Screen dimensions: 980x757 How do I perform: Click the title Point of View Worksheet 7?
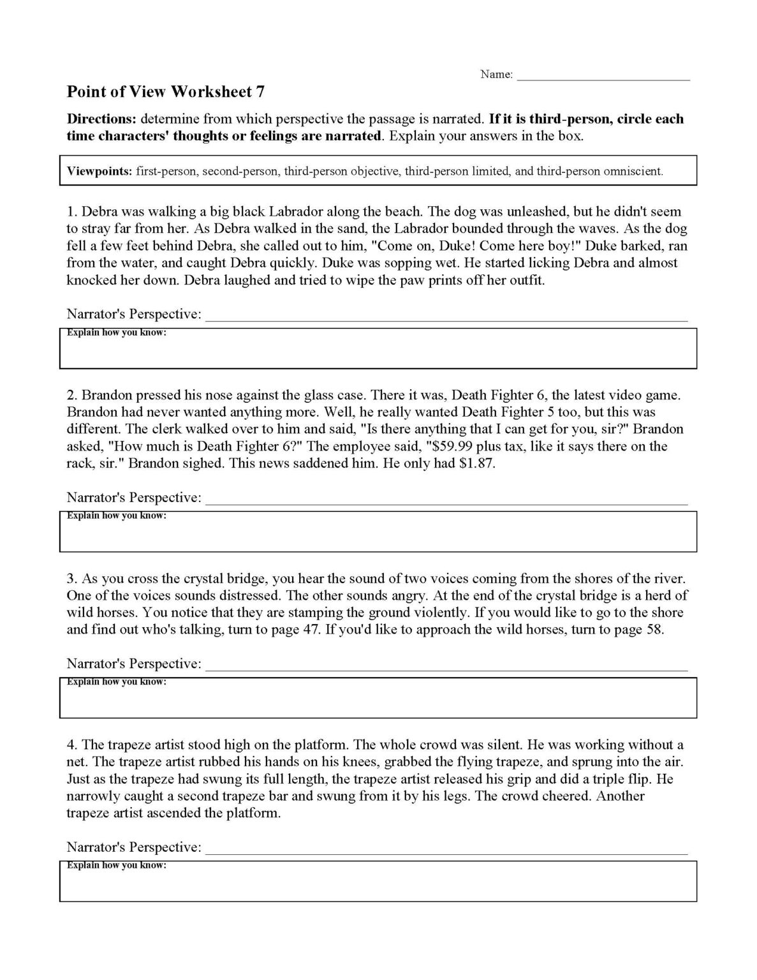click(x=166, y=92)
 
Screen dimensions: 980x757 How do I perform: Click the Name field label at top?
click(x=496, y=75)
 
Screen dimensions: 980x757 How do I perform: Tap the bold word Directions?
click(x=101, y=119)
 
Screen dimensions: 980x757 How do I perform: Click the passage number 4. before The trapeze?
click(x=71, y=745)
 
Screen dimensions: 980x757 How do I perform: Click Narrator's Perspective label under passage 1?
click(x=134, y=314)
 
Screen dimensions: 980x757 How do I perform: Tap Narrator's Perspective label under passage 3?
click(x=134, y=664)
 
